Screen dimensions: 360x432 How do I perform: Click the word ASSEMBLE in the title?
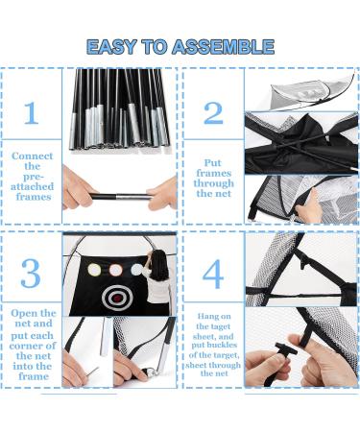223,47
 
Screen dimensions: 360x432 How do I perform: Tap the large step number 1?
32,113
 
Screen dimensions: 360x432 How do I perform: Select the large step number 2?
213,113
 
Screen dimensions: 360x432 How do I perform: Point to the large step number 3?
31,273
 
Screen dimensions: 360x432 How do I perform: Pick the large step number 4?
213,274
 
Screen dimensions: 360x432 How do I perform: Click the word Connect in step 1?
32,156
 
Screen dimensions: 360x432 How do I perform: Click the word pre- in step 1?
34,177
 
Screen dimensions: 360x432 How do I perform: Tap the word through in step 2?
213,183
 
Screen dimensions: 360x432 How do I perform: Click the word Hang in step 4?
206,317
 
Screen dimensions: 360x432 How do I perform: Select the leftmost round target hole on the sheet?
94,270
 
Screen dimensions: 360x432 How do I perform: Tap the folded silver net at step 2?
311,93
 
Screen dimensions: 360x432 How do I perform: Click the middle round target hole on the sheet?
115,270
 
